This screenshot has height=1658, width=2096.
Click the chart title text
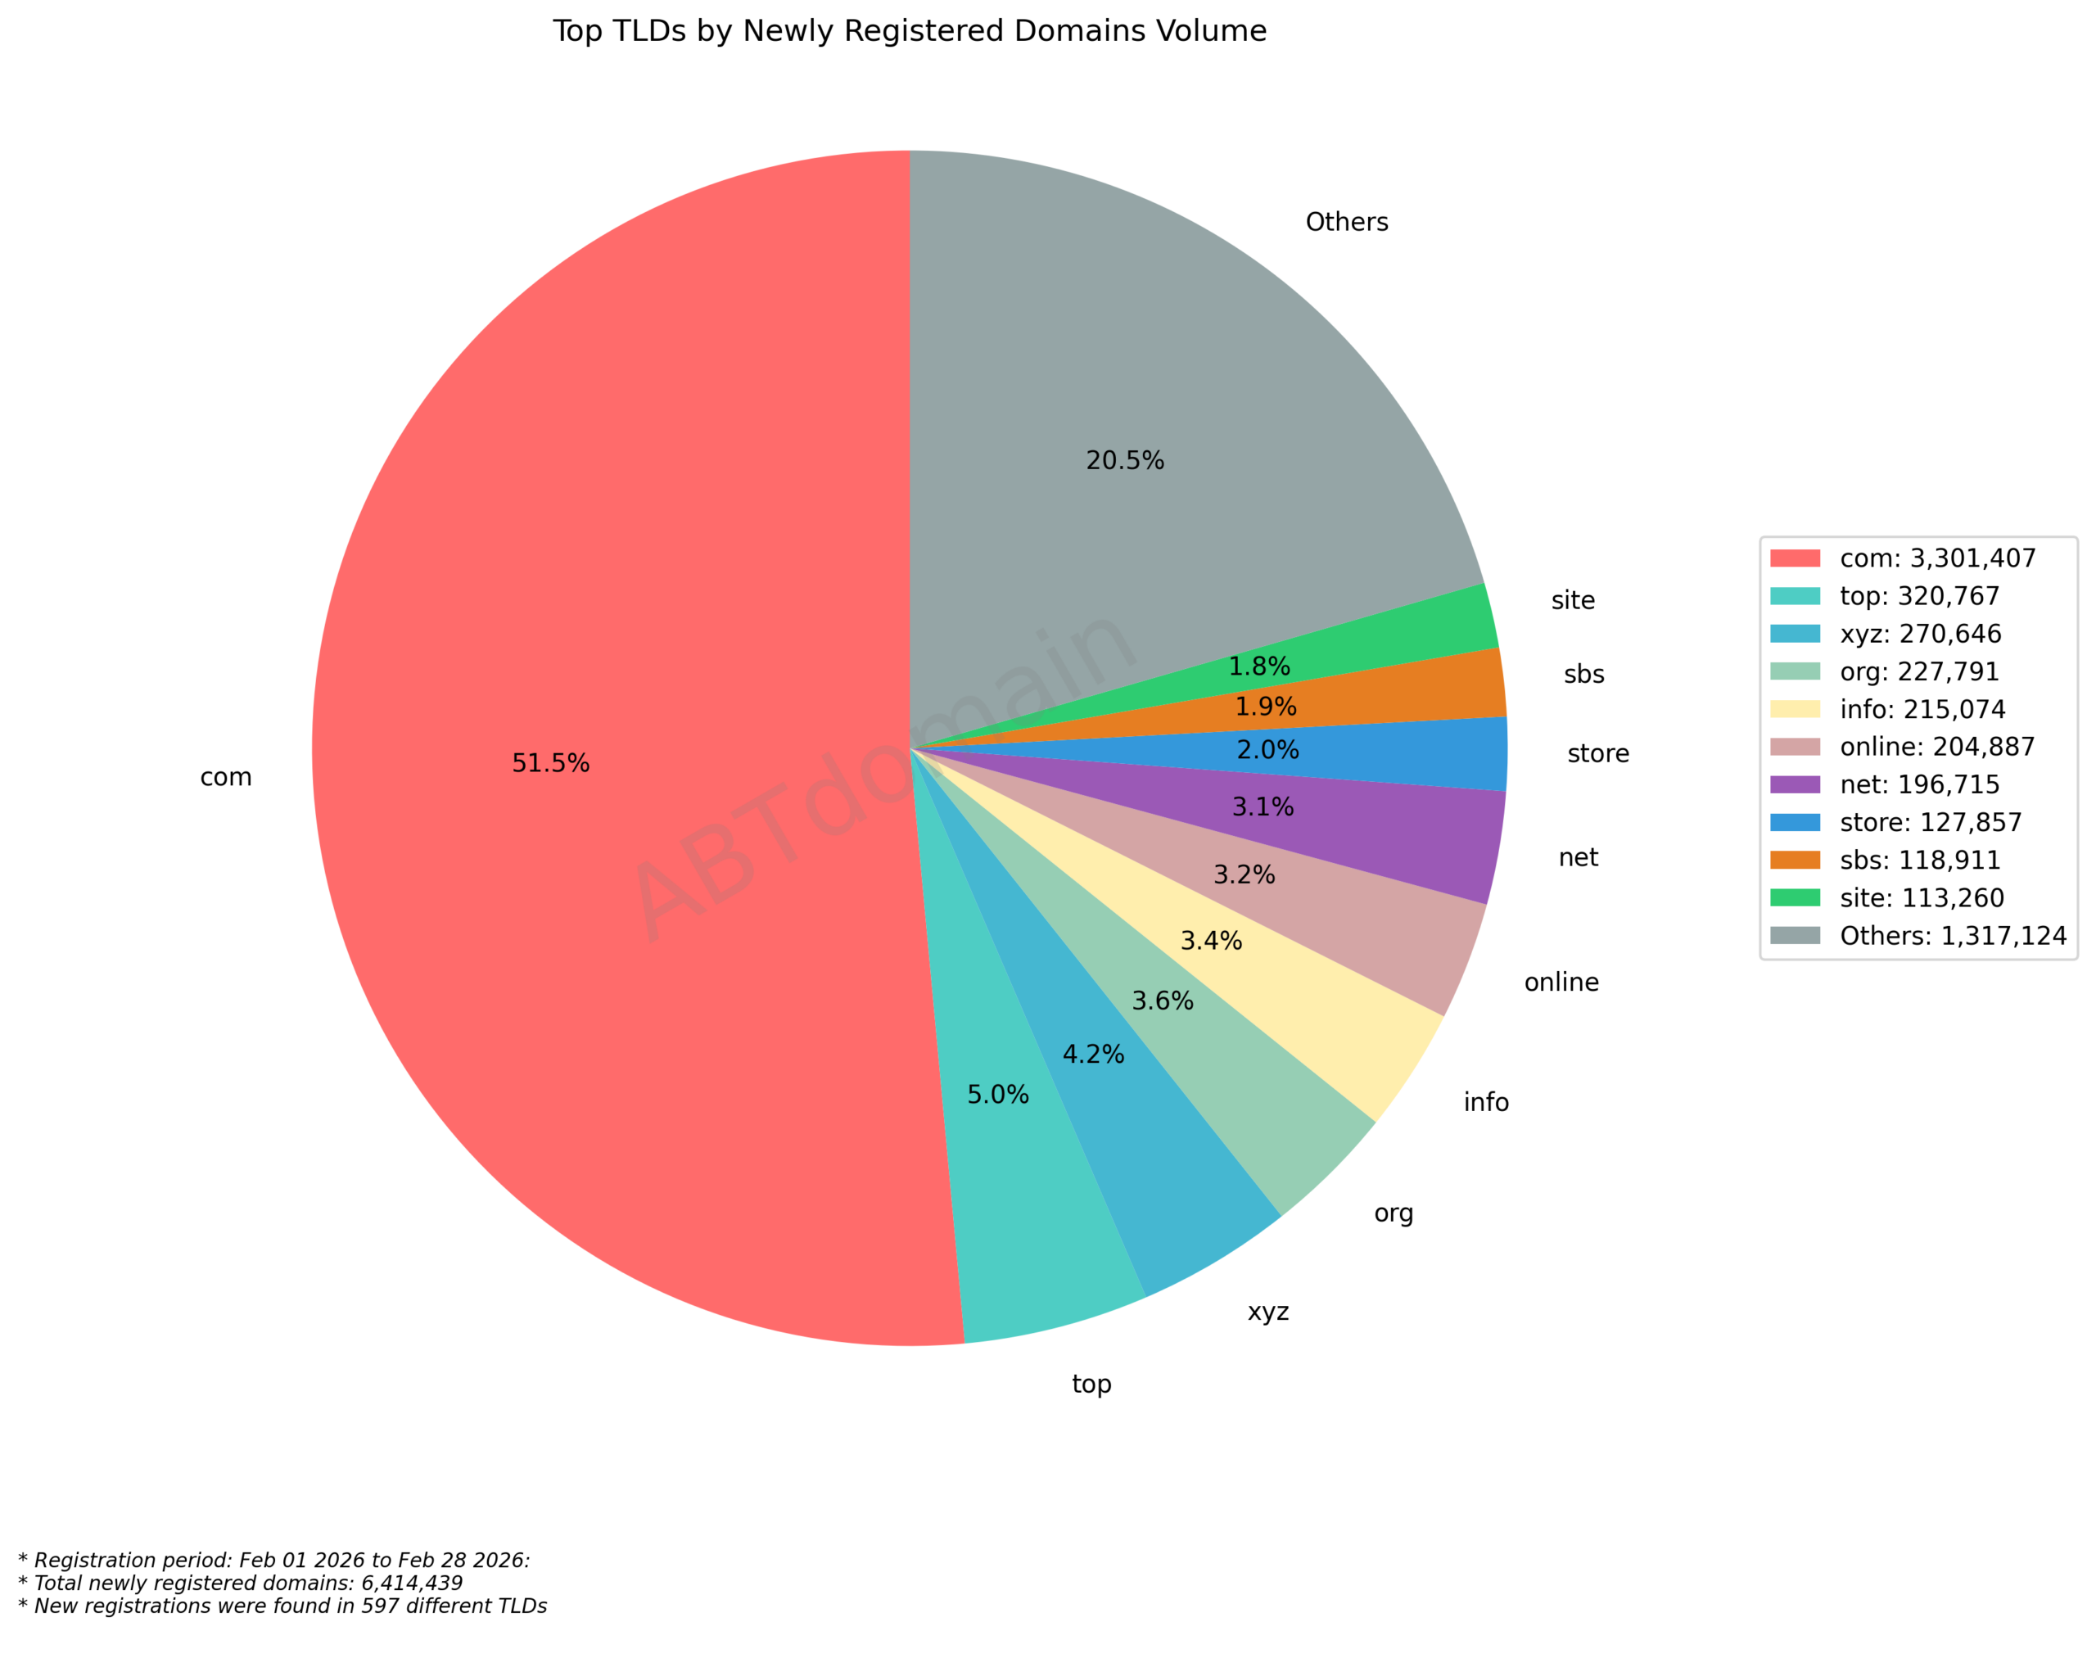[909, 31]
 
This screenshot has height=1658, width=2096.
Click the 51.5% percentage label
[550, 763]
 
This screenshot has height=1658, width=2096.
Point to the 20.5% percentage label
[1124, 460]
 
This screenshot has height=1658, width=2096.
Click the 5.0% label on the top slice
[997, 1094]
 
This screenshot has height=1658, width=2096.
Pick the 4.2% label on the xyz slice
[1093, 1055]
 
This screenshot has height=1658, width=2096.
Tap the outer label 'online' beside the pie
[1561, 983]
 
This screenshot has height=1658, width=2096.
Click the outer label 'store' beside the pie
[1598, 753]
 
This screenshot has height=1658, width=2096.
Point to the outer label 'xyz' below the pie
[1268, 1312]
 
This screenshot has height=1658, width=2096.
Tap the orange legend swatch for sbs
[1795, 860]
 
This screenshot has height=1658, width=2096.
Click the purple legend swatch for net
[1795, 784]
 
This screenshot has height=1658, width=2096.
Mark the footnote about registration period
[275, 1560]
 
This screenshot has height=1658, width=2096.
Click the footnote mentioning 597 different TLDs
[282, 1606]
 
